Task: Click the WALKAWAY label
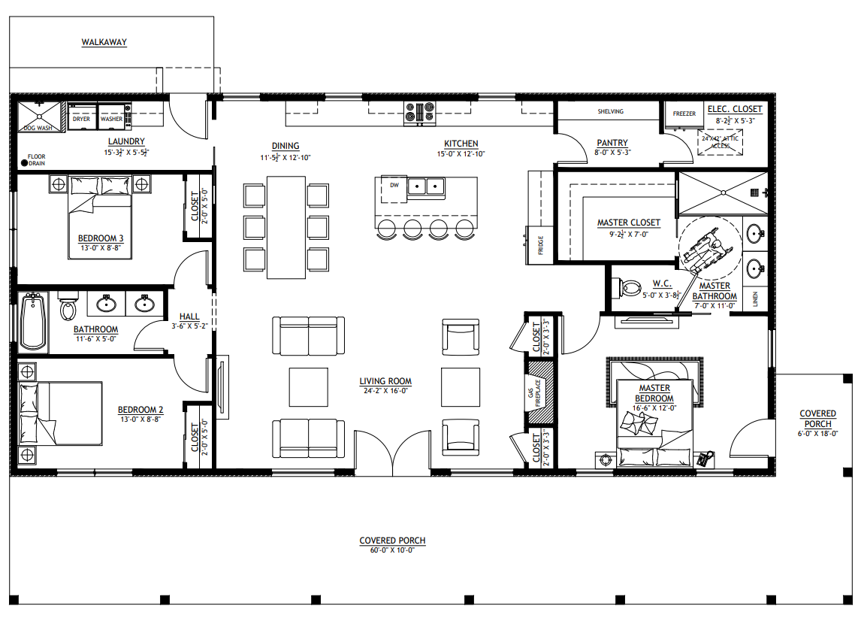coord(104,42)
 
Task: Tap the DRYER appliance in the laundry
coord(81,117)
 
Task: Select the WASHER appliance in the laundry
coord(111,117)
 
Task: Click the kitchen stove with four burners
coord(419,112)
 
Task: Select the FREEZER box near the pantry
coord(684,114)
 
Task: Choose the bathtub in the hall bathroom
coord(32,322)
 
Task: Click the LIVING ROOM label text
coord(385,381)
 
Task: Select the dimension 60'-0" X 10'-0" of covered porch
coord(392,550)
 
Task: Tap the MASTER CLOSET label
coord(628,223)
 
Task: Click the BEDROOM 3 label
coord(100,238)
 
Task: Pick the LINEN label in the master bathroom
coord(755,300)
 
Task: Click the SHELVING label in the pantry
coord(610,111)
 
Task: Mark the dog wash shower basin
coord(38,117)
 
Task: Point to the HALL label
coord(189,317)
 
